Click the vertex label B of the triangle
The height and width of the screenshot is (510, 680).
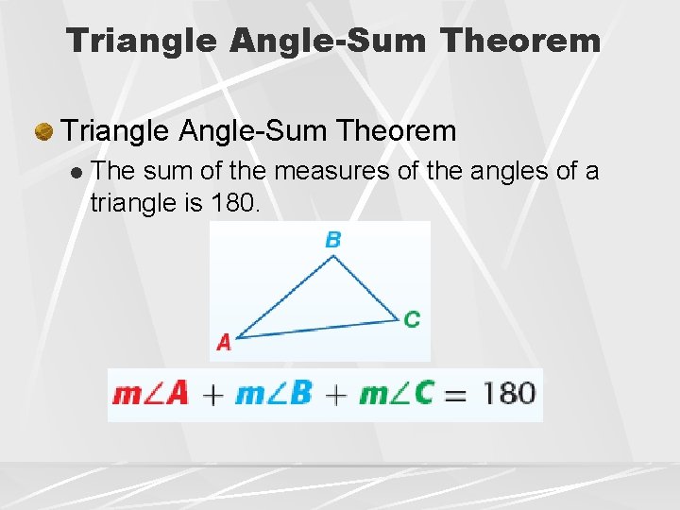point(332,240)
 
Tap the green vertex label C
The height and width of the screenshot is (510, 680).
point(412,319)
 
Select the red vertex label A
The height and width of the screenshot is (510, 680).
point(224,343)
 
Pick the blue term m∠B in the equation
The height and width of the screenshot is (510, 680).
point(273,393)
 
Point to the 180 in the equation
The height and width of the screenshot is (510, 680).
point(509,393)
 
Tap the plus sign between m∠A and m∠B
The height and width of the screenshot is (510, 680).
point(212,395)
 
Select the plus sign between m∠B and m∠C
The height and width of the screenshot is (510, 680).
point(335,395)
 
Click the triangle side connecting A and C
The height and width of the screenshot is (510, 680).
point(316,328)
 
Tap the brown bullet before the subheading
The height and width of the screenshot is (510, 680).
point(43,131)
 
